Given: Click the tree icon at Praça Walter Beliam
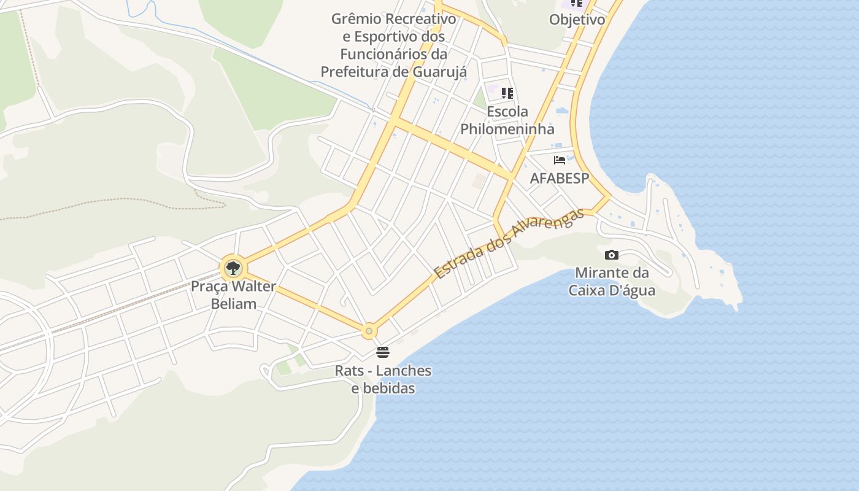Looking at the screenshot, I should click(233, 268).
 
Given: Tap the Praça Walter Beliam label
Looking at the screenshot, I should click(233, 295).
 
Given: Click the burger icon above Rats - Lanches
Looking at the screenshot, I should click(383, 352).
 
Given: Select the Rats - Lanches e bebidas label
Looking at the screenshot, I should click(383, 379).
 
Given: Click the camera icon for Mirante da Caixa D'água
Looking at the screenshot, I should click(612, 255).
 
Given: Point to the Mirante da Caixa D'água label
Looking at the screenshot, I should click(612, 281).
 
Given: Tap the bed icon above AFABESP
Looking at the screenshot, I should click(559, 160).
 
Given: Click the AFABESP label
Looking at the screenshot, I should click(559, 178).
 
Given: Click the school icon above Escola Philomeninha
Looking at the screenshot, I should click(507, 93).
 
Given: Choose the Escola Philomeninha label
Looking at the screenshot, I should click(507, 120).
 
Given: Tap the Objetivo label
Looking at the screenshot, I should click(577, 19).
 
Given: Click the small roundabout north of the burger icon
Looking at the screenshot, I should click(369, 331).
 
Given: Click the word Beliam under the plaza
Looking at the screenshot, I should click(233, 303).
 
